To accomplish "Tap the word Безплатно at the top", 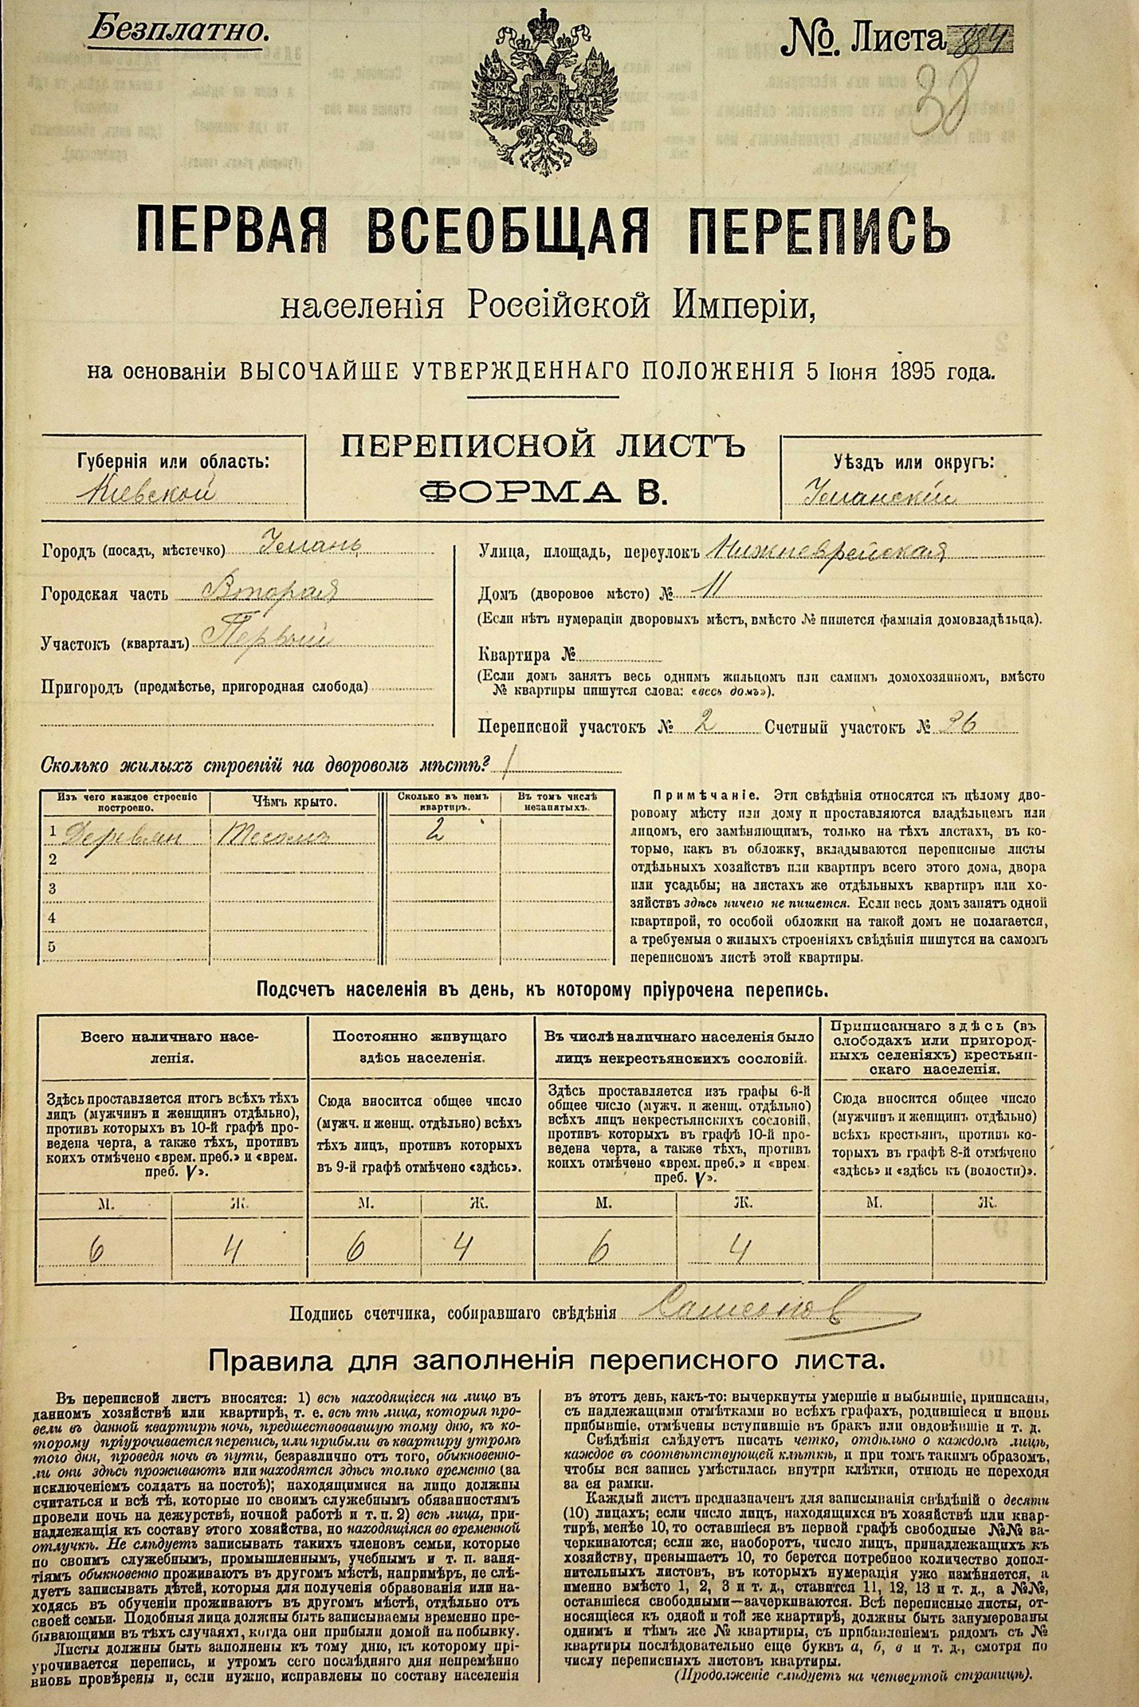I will pos(177,30).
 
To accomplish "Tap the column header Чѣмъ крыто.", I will pos(294,802).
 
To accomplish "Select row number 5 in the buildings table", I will pos(53,947).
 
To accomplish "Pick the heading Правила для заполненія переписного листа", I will pos(546,1359).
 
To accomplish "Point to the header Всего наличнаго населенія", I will pos(170,1048).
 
